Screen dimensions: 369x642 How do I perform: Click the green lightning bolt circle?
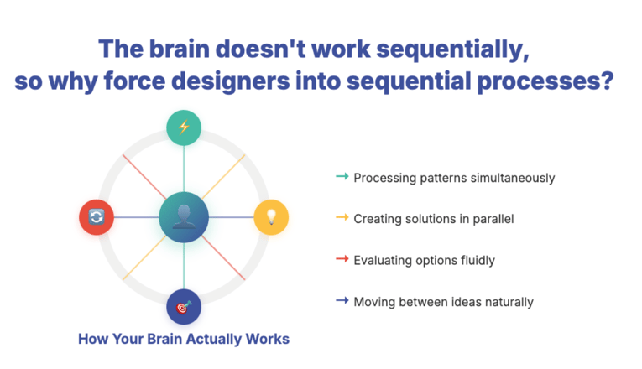pyautogui.click(x=183, y=127)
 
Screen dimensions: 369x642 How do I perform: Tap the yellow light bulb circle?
pyautogui.click(x=270, y=217)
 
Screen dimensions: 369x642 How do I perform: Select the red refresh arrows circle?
pyautogui.click(x=97, y=217)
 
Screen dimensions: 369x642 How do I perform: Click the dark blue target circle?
pyautogui.click(x=184, y=307)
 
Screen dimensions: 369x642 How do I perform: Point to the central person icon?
pyautogui.click(x=183, y=217)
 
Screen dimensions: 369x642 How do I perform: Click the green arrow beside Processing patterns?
pyautogui.click(x=342, y=177)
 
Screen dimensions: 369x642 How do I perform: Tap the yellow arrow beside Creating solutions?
pyautogui.click(x=342, y=218)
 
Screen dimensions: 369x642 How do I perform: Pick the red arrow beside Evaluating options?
pyautogui.click(x=342, y=259)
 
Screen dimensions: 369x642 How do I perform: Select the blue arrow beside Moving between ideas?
pyautogui.click(x=342, y=300)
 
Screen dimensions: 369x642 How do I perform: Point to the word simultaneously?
pyautogui.click(x=512, y=178)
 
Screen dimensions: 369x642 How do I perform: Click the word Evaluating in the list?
pyautogui.click(x=381, y=260)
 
